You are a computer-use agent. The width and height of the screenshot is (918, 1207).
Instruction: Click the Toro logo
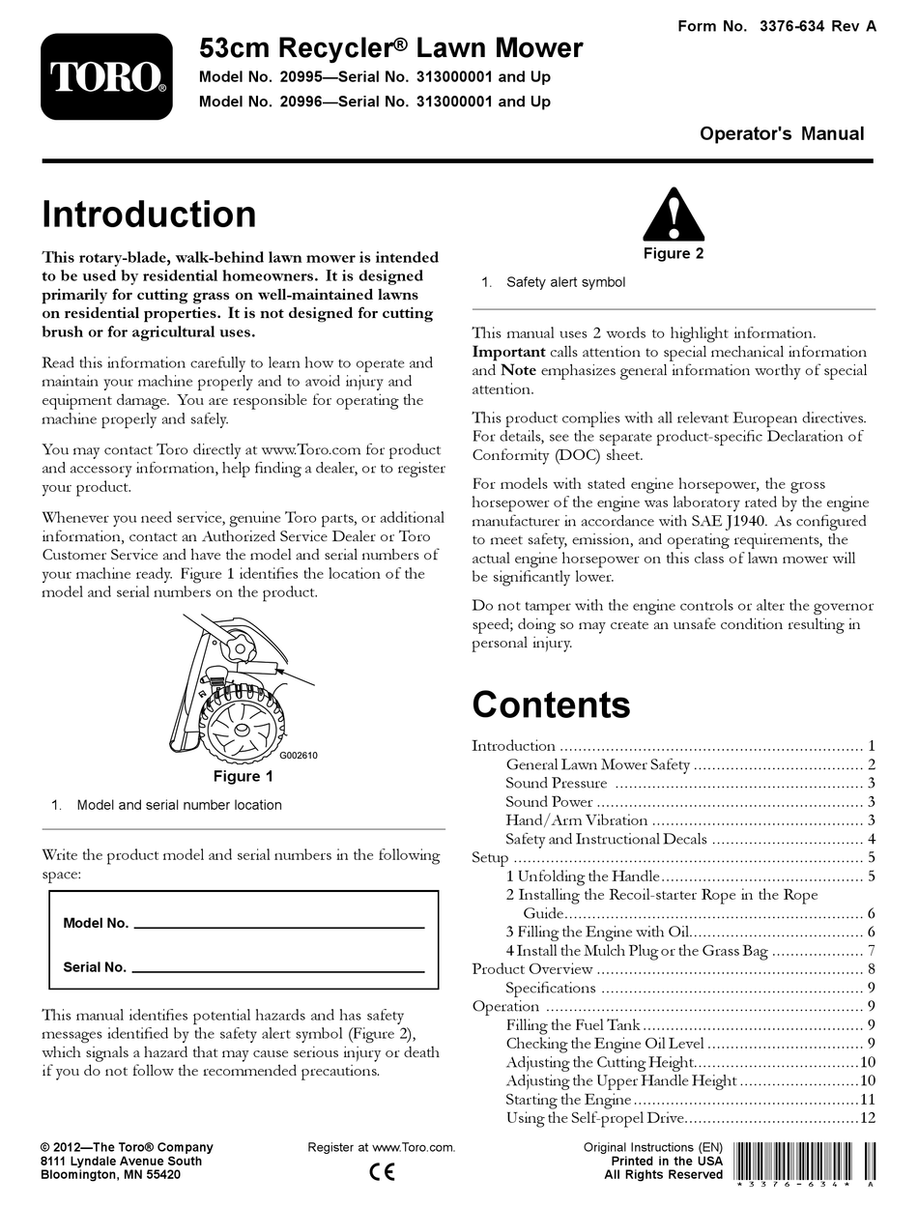(x=107, y=77)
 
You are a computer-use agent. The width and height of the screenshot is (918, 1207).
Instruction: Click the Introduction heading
(x=150, y=214)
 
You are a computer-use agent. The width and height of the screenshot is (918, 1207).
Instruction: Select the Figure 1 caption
(x=243, y=776)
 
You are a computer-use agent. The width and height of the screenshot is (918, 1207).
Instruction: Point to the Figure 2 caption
(x=674, y=254)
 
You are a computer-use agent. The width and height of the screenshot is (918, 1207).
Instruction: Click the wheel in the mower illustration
(x=243, y=719)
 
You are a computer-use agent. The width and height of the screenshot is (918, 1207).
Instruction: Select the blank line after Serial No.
(x=277, y=967)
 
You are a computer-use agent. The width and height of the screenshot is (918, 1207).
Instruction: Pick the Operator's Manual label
(x=782, y=134)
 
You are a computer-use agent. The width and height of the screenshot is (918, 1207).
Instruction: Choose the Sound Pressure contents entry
(x=557, y=783)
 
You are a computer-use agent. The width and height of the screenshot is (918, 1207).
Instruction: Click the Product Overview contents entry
(x=531, y=968)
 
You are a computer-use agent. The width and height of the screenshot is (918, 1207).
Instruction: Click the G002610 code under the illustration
(x=299, y=756)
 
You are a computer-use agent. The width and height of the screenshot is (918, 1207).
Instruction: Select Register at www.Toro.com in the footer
(x=381, y=1147)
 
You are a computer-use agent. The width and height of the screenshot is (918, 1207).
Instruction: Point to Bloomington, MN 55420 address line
(x=110, y=1174)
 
